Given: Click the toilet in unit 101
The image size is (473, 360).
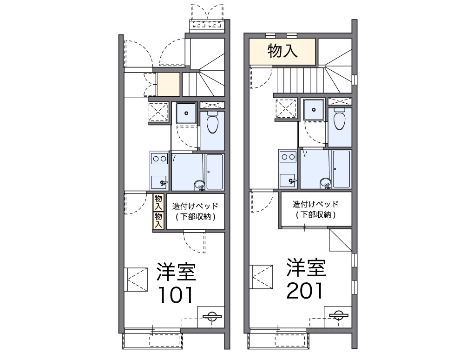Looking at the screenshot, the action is (213, 122).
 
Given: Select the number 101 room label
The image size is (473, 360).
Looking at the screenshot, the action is (176, 295).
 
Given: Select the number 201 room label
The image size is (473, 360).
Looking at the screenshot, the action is (305, 291).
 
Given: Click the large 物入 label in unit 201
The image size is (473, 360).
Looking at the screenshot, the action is (282, 51).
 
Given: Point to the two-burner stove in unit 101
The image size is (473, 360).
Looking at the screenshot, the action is (159, 159).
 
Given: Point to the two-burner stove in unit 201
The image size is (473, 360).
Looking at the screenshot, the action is (288, 157).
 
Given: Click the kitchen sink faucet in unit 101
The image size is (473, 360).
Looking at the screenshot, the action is (164, 182).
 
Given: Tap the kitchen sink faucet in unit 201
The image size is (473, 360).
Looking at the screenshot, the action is (293, 180).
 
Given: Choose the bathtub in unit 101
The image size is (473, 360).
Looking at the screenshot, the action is (215, 172).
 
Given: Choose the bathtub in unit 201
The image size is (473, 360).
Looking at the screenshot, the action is (342, 169).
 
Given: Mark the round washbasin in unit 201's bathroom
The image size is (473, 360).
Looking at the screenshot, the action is (326, 182).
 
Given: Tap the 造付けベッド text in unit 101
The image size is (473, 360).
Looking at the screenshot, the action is (195, 206).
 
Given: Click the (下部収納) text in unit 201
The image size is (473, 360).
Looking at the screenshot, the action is (315, 214).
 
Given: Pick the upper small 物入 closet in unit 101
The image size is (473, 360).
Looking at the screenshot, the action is (158, 202).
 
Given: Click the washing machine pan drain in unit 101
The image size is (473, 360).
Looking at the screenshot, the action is (186, 113).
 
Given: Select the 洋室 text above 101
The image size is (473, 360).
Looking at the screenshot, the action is (176, 272).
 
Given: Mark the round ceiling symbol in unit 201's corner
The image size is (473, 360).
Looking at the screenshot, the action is (338, 315).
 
